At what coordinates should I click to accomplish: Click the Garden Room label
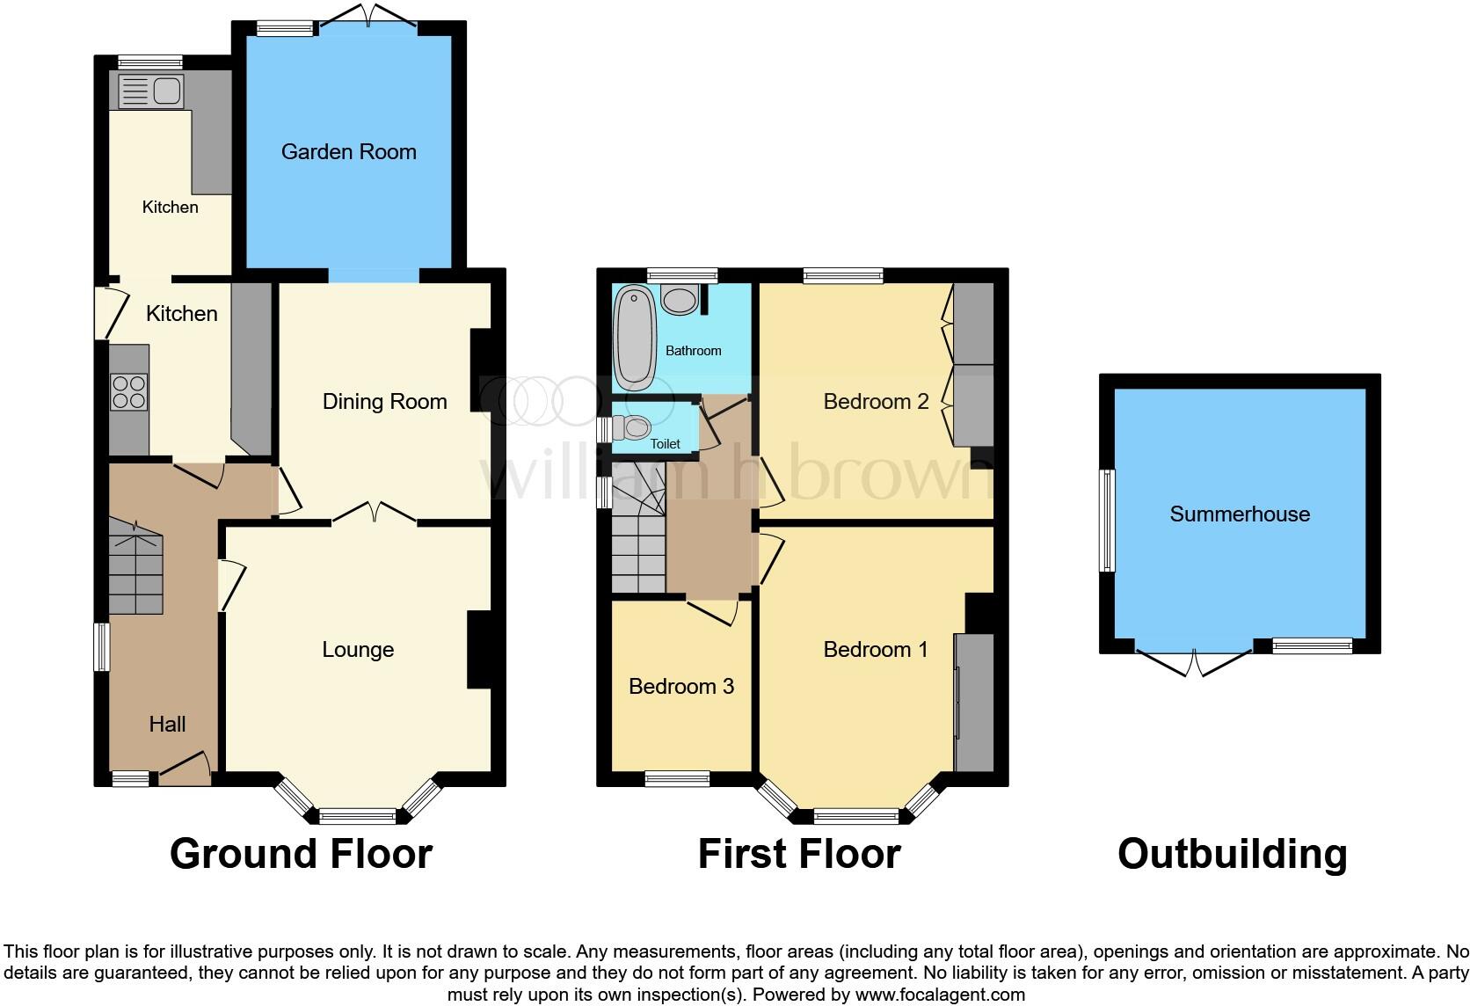pyautogui.click(x=348, y=152)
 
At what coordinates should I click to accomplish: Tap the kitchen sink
pyautogui.click(x=150, y=91)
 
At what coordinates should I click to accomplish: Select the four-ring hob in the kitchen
pyautogui.click(x=128, y=392)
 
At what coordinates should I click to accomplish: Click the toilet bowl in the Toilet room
pyautogui.click(x=633, y=428)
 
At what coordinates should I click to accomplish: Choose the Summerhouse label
pyautogui.click(x=1239, y=514)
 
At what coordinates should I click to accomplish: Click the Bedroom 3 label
pyautogui.click(x=681, y=687)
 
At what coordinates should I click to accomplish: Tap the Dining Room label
pyautogui.click(x=384, y=402)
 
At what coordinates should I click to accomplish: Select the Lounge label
pyautogui.click(x=358, y=650)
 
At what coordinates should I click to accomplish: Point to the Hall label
pyautogui.click(x=167, y=724)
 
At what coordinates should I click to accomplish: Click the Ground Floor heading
pyautogui.click(x=301, y=854)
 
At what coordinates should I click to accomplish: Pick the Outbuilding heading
pyautogui.click(x=1232, y=854)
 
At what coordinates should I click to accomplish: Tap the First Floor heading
pyautogui.click(x=798, y=854)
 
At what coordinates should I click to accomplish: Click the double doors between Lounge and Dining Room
pyautogui.click(x=375, y=513)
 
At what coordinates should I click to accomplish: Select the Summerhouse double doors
pyautogui.click(x=1195, y=661)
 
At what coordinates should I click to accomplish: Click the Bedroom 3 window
pyautogui.click(x=677, y=778)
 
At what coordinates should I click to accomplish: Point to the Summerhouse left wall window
pyautogui.click(x=1109, y=521)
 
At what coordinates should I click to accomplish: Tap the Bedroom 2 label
pyautogui.click(x=876, y=402)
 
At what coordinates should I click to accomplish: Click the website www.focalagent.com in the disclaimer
pyautogui.click(x=939, y=995)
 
